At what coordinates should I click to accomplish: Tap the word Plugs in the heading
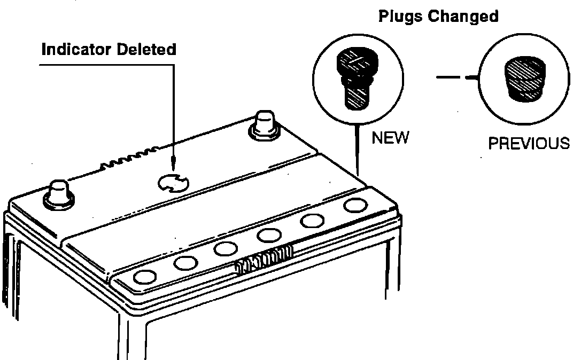400,16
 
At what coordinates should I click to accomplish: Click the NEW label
390,138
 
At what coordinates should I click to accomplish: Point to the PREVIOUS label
529,144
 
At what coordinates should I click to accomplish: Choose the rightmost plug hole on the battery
353,205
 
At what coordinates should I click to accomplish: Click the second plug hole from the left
185,262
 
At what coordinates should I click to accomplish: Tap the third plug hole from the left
226,248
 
